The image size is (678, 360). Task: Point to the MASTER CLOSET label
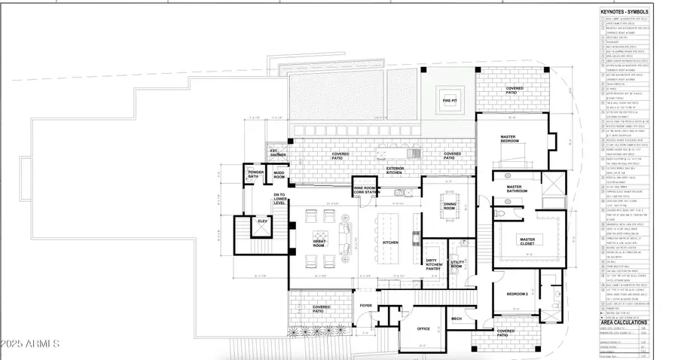(x=527, y=240)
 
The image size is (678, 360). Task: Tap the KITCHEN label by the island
(x=390, y=243)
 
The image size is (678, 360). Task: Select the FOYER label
(x=366, y=305)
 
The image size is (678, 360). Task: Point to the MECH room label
(x=457, y=318)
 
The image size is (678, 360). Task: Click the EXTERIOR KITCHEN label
(x=395, y=170)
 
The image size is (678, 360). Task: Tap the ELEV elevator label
(x=262, y=221)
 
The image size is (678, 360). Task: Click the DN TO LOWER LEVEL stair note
(x=279, y=199)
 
